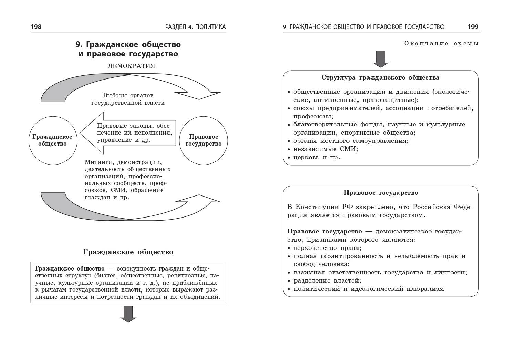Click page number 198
pos(36,27)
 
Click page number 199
pos(473,27)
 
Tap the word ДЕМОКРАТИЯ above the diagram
pos(131,66)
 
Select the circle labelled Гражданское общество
pos(53,140)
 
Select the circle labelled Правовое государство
pos(204,140)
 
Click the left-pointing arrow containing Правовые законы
pos(127,133)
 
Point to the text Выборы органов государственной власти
pos(128,99)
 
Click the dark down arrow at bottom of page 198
pos(128,314)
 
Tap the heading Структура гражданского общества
pos(380,77)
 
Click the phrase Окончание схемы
pos(442,44)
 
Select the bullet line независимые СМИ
pos(325,149)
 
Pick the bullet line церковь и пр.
pos(316,157)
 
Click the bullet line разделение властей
pos(327,280)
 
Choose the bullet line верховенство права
pos(327,248)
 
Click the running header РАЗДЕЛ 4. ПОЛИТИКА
pos(195,27)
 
